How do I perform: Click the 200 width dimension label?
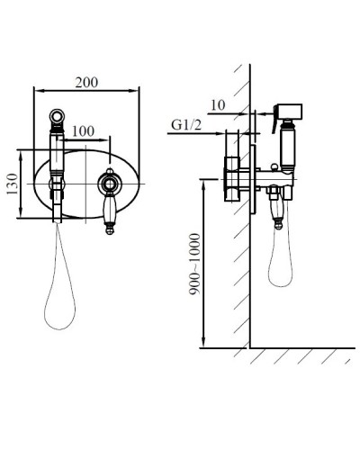point(86,83)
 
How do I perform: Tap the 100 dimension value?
point(83,131)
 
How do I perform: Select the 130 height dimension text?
point(13,184)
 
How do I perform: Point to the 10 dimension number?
point(218,105)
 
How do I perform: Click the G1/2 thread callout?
point(186,125)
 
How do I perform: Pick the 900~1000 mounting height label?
point(194,265)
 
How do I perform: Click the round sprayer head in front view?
point(57,116)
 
